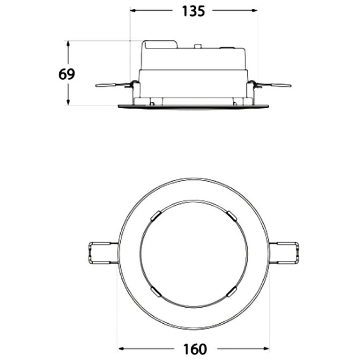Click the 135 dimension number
193,11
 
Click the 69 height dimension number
66,74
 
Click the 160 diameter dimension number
195,349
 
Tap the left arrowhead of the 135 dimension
133,11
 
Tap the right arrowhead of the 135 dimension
254,11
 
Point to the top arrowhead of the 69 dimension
68,44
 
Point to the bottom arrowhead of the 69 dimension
68,102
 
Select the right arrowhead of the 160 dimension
266,349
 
